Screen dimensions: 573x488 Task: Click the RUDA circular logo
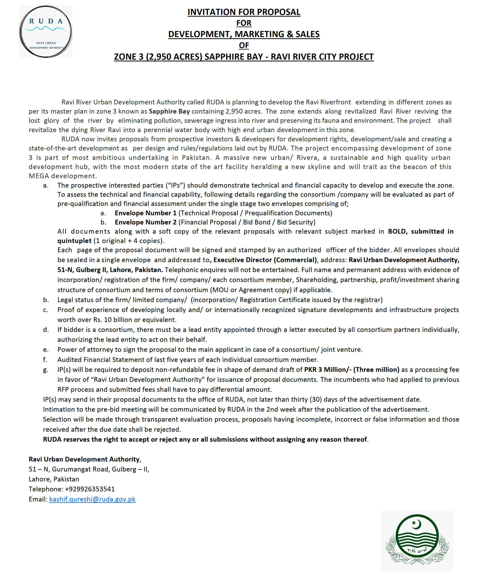[46, 32]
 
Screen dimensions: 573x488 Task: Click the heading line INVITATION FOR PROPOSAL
[244, 12]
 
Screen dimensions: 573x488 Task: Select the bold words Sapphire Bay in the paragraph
[169, 111]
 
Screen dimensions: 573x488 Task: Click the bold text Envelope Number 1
[146, 213]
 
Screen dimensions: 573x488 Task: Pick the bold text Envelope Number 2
[146, 222]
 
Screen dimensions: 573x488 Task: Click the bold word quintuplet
[75, 241]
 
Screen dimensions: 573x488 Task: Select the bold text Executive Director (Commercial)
[265, 260]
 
